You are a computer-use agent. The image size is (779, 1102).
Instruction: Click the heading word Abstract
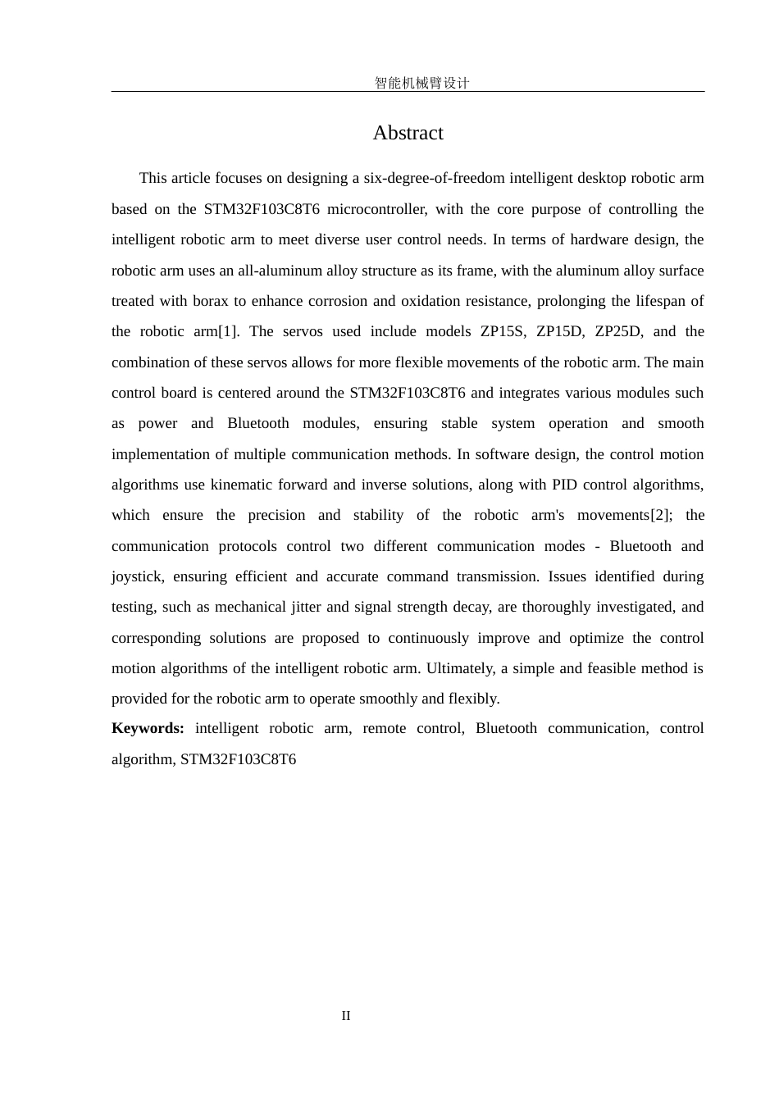click(x=408, y=133)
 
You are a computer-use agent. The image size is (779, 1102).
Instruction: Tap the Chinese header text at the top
click(x=421, y=83)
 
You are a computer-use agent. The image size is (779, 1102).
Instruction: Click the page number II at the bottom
click(x=346, y=1016)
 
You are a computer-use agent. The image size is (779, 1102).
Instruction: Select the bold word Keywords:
click(x=148, y=728)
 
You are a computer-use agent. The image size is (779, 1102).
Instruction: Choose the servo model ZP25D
click(x=618, y=331)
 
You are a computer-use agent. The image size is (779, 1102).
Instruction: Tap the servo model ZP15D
click(x=560, y=331)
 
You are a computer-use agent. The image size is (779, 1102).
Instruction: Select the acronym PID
click(x=565, y=485)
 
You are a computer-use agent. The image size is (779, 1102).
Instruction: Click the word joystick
click(x=137, y=576)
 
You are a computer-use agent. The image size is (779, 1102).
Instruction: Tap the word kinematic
click(x=243, y=485)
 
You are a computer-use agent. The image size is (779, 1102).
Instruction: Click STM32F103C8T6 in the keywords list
click(x=238, y=759)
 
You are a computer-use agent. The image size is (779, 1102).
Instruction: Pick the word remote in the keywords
click(x=384, y=728)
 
